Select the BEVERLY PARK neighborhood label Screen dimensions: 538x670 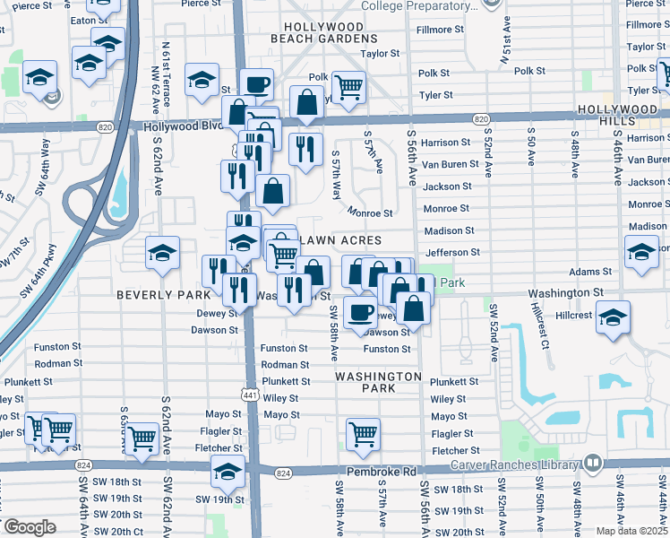pos(150,294)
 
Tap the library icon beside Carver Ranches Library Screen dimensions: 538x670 pos(592,464)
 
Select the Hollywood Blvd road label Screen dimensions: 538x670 pos(181,127)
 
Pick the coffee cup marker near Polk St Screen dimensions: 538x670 pos(256,84)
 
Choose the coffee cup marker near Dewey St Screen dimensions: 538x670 pos(361,312)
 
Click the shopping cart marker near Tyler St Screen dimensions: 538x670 pos(348,87)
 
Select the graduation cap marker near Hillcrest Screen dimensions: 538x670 pos(613,318)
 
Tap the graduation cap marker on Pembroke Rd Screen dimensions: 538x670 pos(228,471)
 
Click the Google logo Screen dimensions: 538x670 pos(30,527)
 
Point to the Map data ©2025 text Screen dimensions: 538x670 pos(632,531)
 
